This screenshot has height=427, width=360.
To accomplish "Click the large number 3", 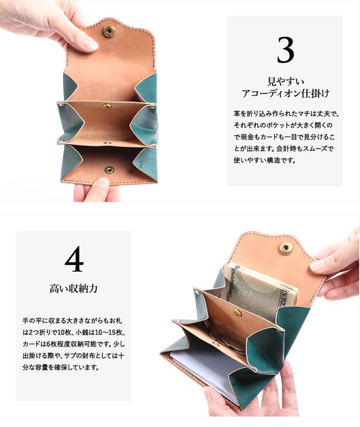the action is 285,50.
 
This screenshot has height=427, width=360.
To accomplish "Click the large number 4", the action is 74,259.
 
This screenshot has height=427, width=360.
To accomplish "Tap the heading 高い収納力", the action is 73,288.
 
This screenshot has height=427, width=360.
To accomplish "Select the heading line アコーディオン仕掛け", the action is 285,93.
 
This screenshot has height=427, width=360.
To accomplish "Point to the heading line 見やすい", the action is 285,81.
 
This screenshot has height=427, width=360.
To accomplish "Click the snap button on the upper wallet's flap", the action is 108,31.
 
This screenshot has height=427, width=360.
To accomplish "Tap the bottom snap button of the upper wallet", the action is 109,170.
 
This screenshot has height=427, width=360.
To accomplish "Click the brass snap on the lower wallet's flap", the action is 285,247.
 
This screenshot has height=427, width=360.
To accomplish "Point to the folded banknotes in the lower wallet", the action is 258,291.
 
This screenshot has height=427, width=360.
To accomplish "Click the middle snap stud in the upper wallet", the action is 107,106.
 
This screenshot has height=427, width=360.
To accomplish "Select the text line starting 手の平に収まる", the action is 72,320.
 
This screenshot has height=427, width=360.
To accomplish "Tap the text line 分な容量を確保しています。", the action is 61,367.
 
